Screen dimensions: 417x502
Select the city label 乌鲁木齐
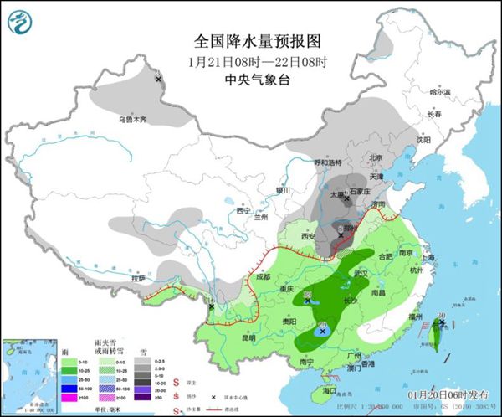pos(131,120)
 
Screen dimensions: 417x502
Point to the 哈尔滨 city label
pos(439,91)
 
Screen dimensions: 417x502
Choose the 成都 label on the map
pos(263,276)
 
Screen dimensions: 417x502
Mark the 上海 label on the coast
pos(432,257)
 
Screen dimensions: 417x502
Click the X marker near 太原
pos(346,198)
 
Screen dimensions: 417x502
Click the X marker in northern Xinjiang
pos(158,79)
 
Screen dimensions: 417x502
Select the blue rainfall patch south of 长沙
pos(323,332)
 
